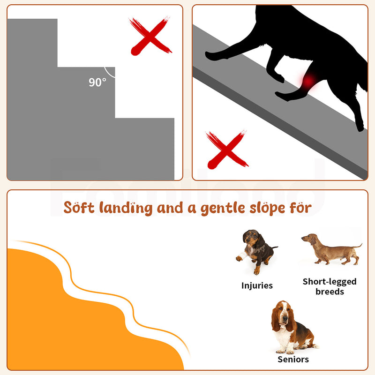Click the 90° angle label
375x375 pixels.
(x=97, y=82)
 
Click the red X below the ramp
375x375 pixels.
(x=227, y=150)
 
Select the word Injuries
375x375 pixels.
(x=257, y=285)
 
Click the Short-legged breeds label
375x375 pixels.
(x=330, y=286)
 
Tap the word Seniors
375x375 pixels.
(x=293, y=360)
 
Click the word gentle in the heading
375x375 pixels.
(x=223, y=208)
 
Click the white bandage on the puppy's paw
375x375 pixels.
(x=242, y=257)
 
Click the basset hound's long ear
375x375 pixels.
(x=276, y=320)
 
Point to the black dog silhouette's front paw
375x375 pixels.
(x=212, y=56)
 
